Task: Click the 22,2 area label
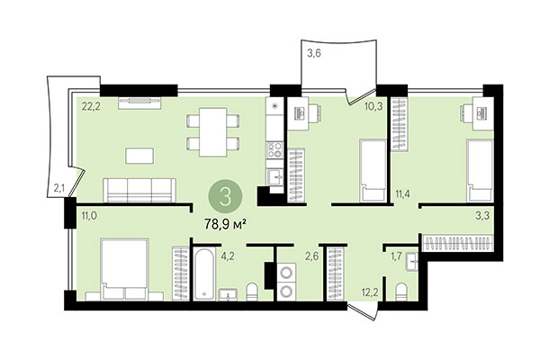(x=87, y=106)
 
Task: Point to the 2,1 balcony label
(x=58, y=187)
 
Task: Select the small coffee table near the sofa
(x=140, y=155)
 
